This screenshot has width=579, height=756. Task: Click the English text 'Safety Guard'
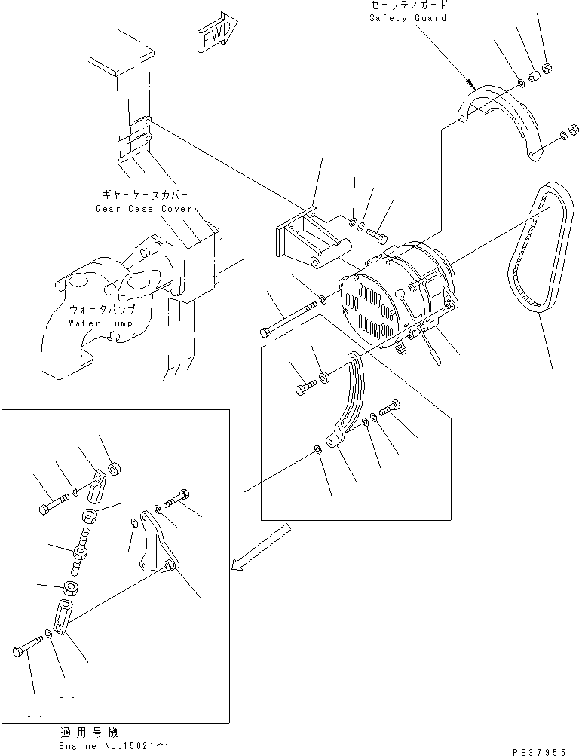click(x=408, y=17)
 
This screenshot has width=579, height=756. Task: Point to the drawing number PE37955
click(x=541, y=751)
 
